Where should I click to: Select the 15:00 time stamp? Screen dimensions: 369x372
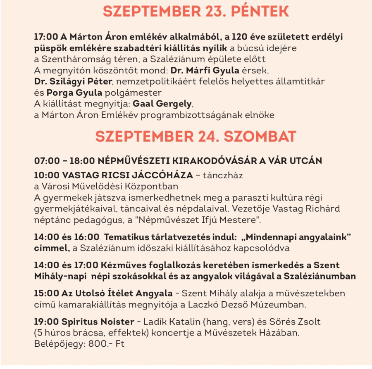tap(45, 293)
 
